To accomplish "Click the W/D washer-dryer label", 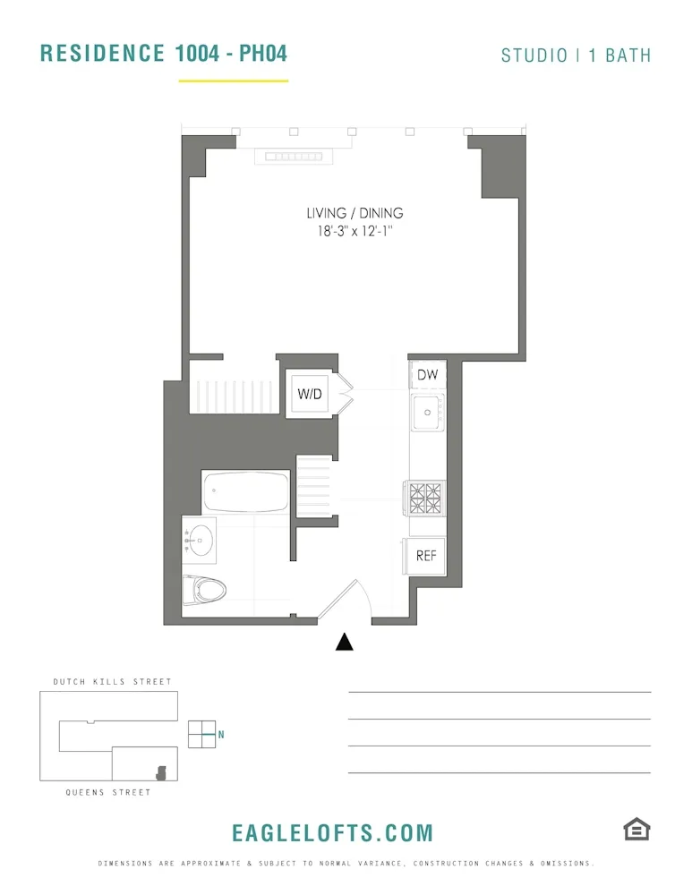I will [310, 394].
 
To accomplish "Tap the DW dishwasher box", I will [427, 375].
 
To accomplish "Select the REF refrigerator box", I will [426, 556].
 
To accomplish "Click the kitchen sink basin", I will [428, 413].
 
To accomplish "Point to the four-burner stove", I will [426, 499].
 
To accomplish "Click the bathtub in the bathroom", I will [245, 491].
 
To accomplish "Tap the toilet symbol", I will [205, 590].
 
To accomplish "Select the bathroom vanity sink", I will [200, 540].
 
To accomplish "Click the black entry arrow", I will [344, 642].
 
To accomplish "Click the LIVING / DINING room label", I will [355, 213].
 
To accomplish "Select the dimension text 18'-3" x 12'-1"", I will [355, 231].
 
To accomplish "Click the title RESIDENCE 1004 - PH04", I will [164, 53].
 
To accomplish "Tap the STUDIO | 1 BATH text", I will [576, 55].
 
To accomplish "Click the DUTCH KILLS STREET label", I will [112, 682].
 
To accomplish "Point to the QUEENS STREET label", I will [108, 792].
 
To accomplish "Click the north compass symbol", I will [203, 734].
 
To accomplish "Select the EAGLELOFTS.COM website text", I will [332, 833].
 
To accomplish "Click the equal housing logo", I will [636, 830].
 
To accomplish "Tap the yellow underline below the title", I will [233, 81].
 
